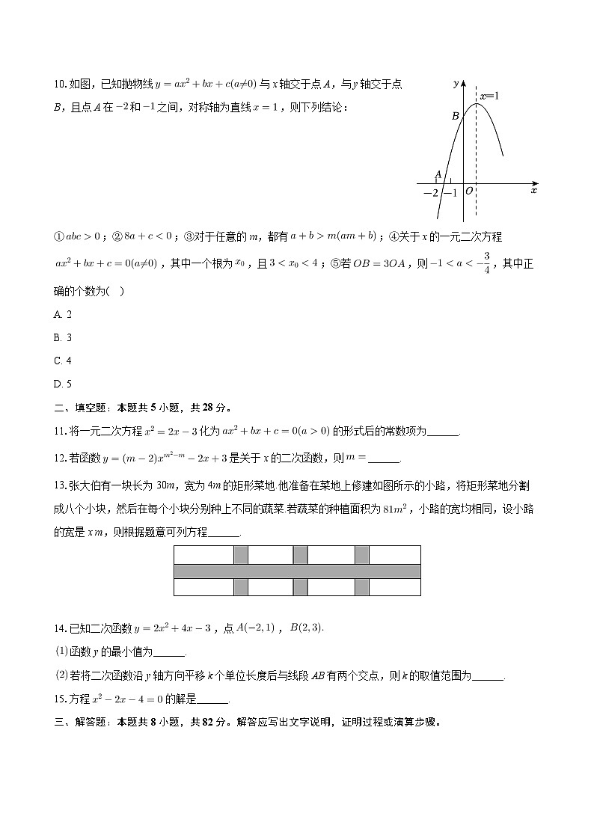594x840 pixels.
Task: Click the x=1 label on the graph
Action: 489,96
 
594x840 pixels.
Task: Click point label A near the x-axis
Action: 438,176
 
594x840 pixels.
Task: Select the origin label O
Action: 468,192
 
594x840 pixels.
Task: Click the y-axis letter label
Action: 456,85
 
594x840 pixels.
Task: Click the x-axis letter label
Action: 533,191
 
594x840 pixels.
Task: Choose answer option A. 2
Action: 63,315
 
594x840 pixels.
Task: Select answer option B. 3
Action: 63,338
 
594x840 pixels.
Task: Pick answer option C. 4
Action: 63,361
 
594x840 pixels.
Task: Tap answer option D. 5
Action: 63,384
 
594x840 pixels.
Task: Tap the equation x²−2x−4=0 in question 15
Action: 120,699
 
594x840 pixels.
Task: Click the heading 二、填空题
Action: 82,408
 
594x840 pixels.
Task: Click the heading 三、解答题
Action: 82,723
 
